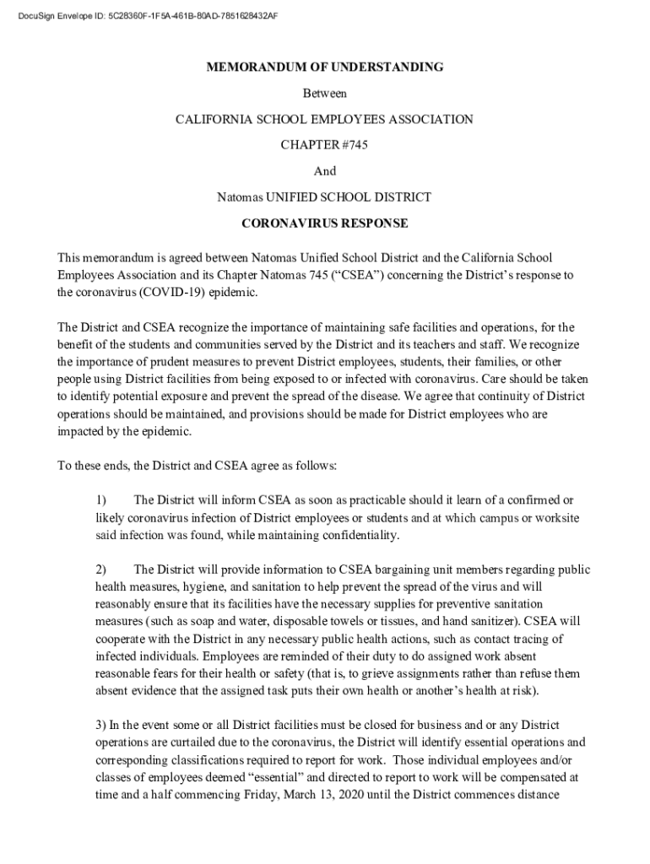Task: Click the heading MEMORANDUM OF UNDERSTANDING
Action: pos(324,67)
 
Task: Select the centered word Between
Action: pos(324,94)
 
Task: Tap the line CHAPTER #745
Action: pos(324,145)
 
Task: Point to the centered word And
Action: pos(324,171)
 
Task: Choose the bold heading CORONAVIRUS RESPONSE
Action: pos(324,224)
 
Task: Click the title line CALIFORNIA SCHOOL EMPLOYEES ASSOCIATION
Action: pos(324,120)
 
